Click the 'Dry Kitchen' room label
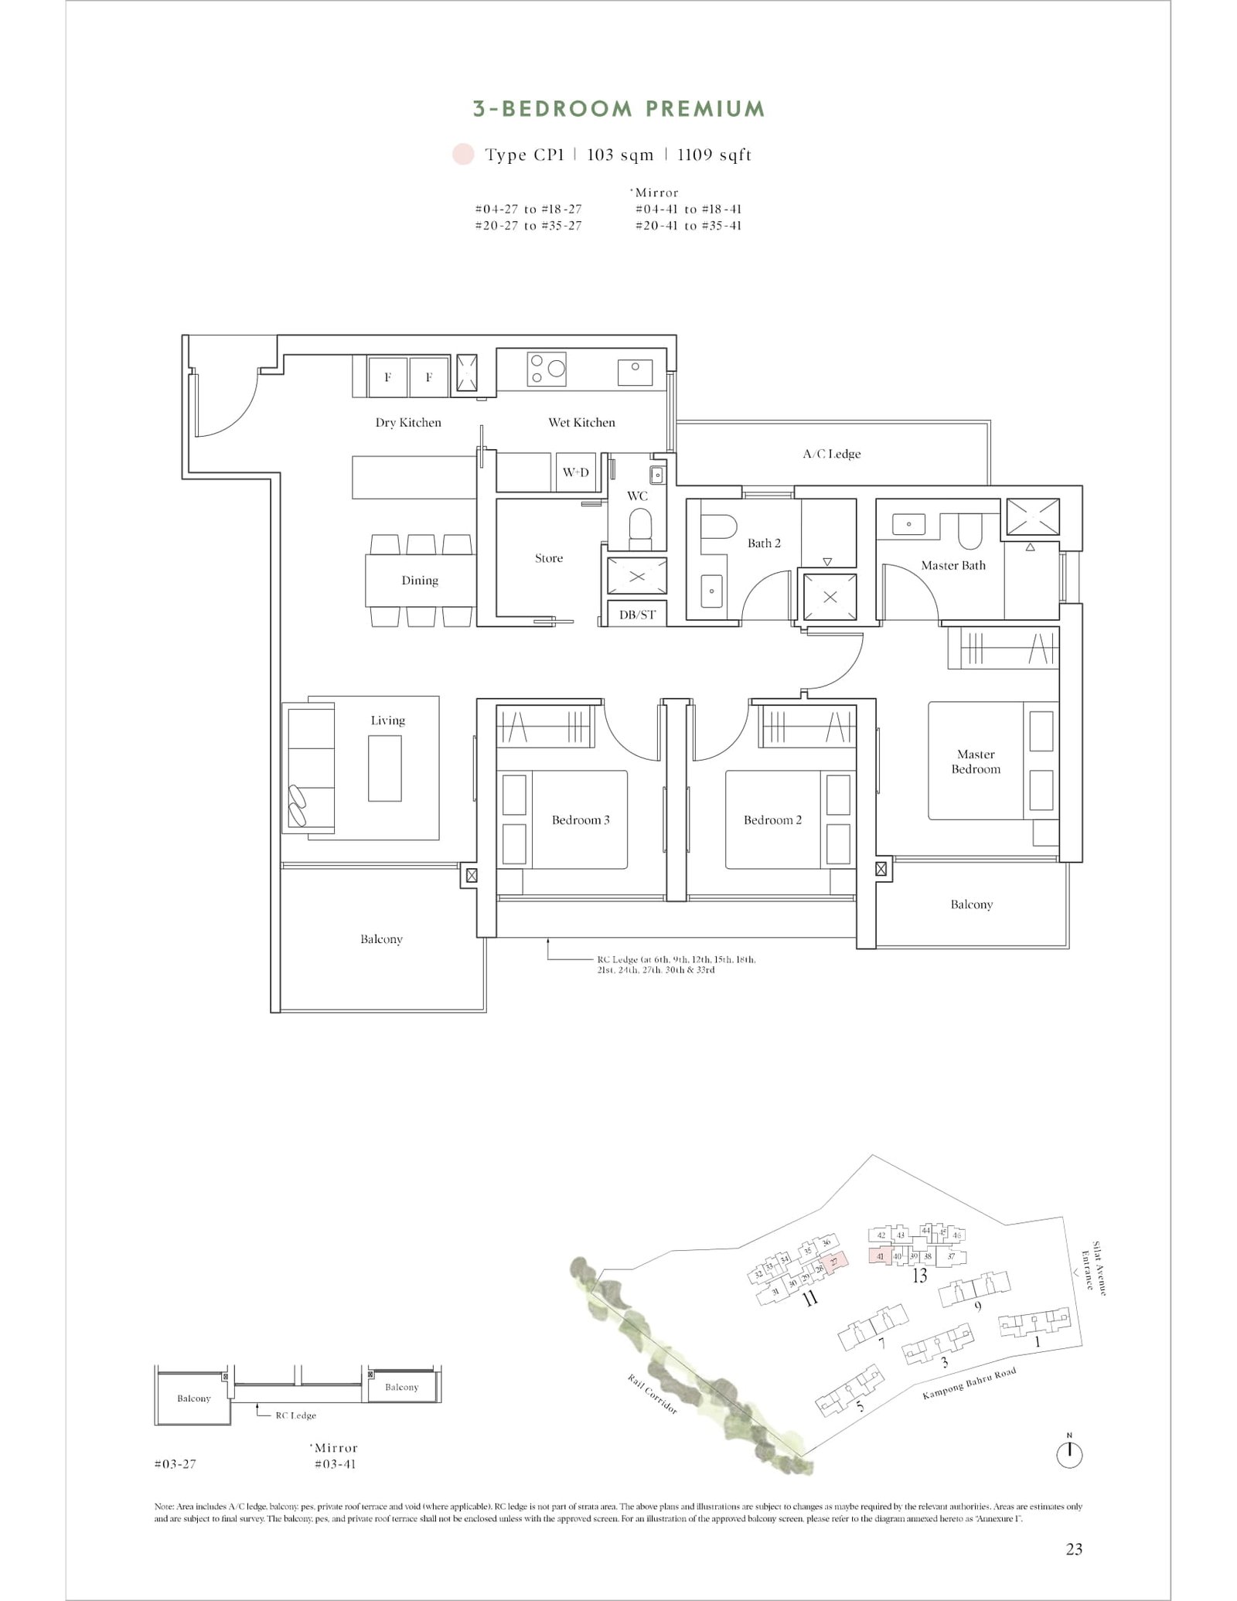point(408,422)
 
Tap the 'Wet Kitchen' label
point(581,422)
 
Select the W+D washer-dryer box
point(575,472)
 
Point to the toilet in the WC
point(639,528)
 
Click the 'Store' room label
point(549,558)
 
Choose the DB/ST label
point(637,615)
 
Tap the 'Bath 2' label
point(764,543)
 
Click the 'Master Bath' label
point(953,565)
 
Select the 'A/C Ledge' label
point(831,454)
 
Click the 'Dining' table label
point(420,581)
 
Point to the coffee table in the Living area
point(385,768)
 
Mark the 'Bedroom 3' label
point(581,819)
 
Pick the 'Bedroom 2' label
point(772,819)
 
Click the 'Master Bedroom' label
point(976,761)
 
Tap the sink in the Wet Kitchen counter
point(635,372)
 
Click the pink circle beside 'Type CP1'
point(463,154)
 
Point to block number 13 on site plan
point(919,1276)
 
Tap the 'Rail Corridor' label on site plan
point(653,1395)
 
